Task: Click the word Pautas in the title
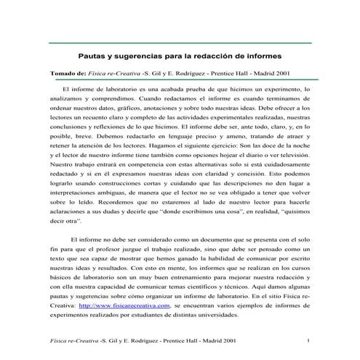click(x=92, y=55)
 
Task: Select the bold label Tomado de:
click(x=66, y=73)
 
